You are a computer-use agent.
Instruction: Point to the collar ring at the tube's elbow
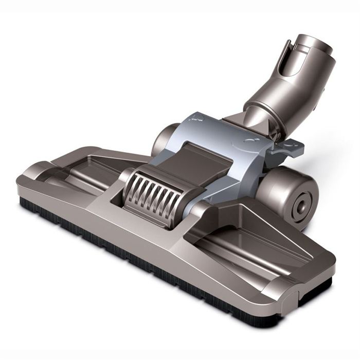coord(267,111)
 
